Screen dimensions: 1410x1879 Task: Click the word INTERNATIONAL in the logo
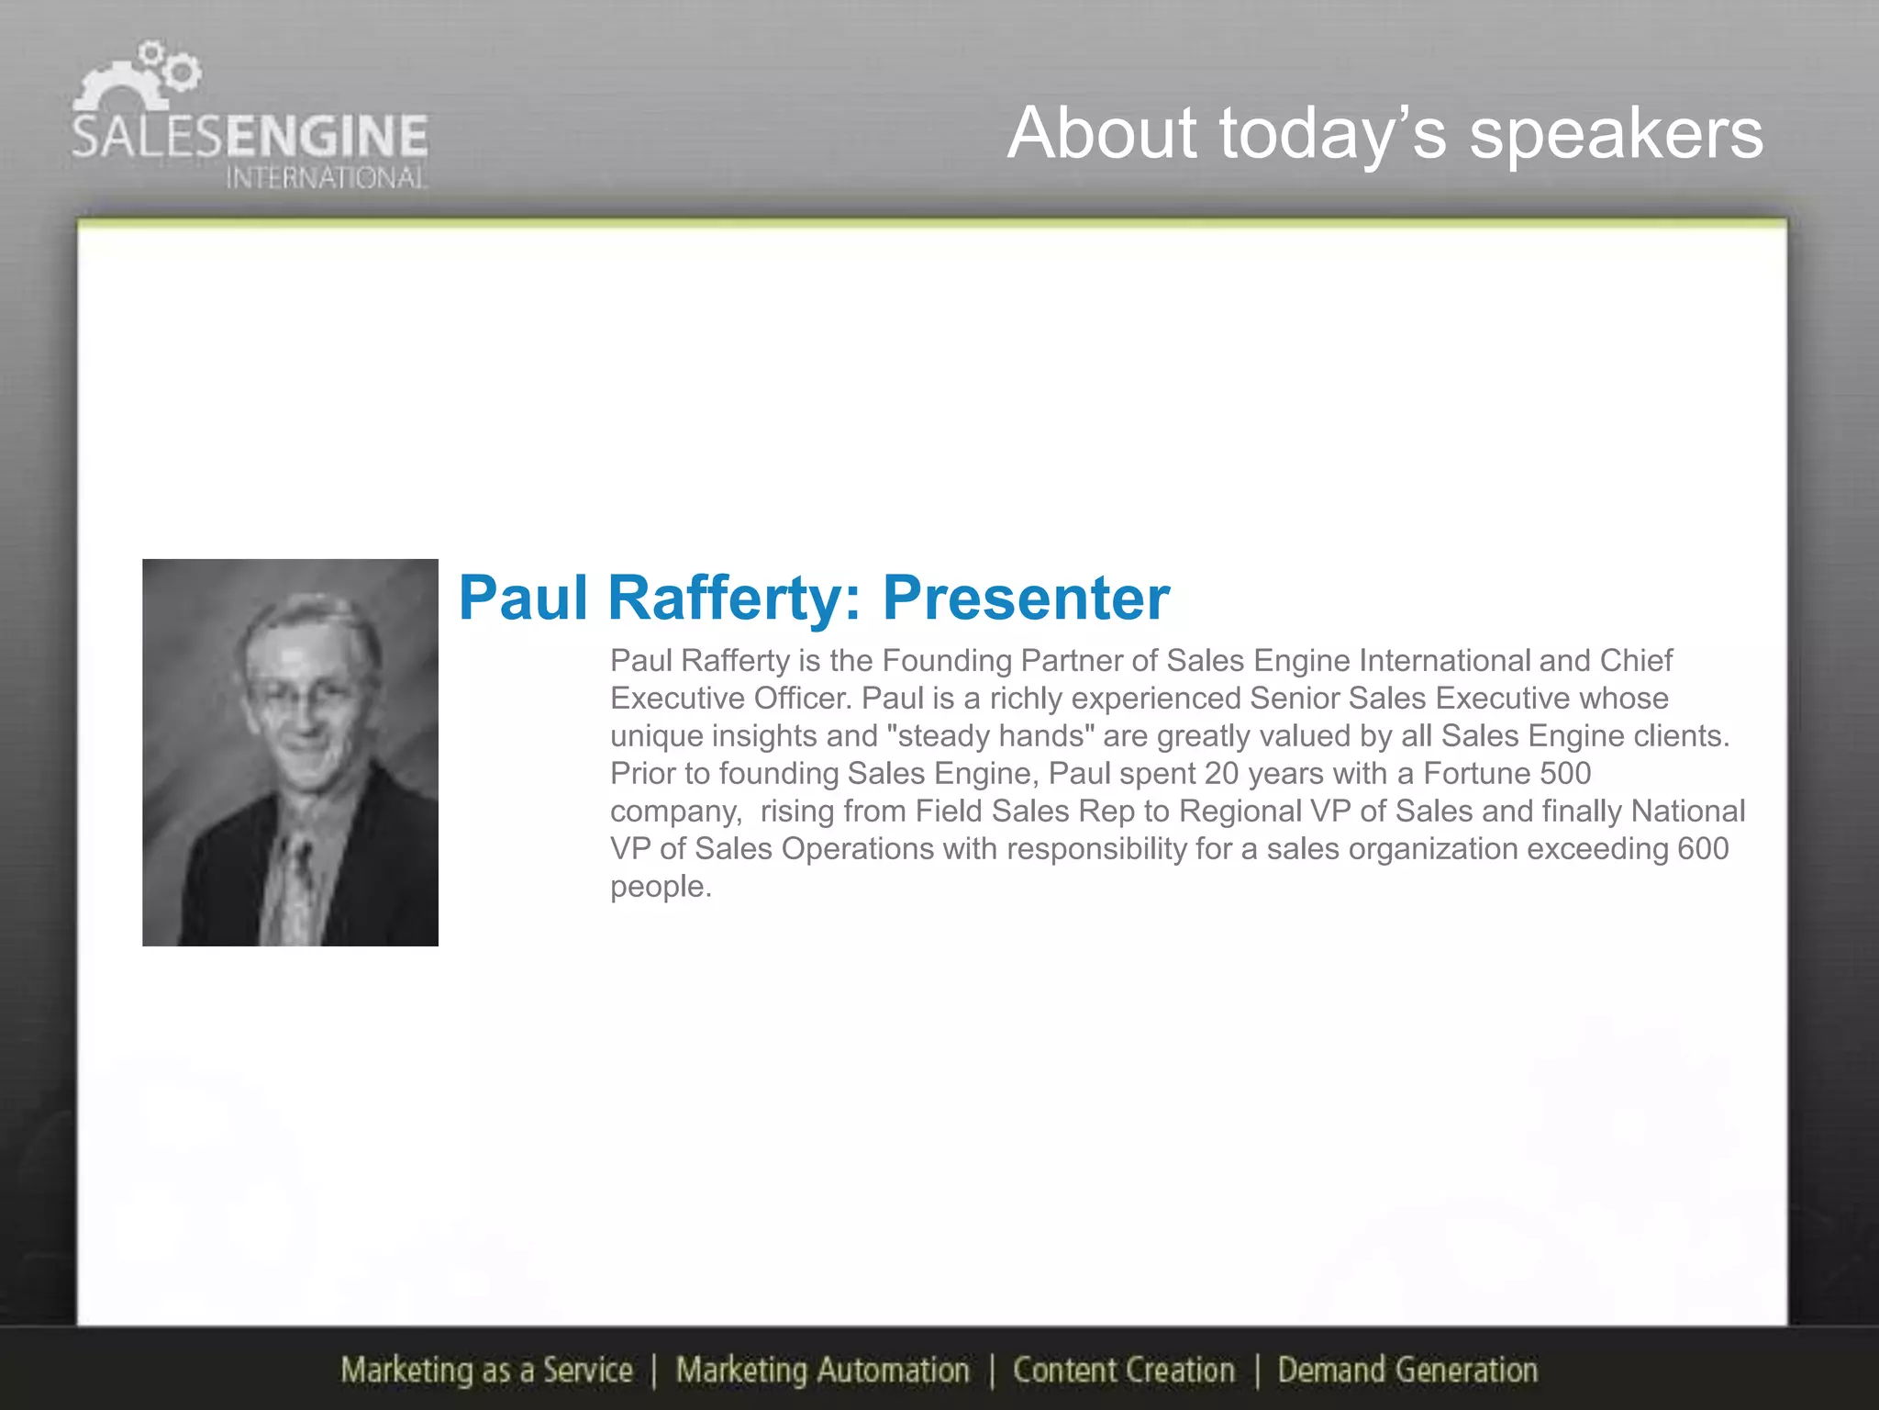pyautogui.click(x=326, y=177)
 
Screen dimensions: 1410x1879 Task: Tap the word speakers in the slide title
pyautogui.click(x=1616, y=134)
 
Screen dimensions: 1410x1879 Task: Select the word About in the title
pyautogui.click(x=1102, y=134)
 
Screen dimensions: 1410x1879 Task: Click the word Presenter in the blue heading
pyautogui.click(x=1026, y=599)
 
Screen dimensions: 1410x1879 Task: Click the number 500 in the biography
pyautogui.click(x=1565, y=773)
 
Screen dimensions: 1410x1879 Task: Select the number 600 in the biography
pyautogui.click(x=1703, y=848)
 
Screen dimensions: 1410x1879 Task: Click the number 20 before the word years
pyautogui.click(x=1221, y=773)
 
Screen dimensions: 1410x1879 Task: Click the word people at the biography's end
pyautogui.click(x=661, y=887)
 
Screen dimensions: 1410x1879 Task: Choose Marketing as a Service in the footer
pyautogui.click(x=486, y=1370)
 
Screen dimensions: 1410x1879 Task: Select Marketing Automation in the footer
pyautogui.click(x=822, y=1370)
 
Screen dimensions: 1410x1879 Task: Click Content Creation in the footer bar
pyautogui.click(x=1123, y=1370)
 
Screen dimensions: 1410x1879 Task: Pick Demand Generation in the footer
pyautogui.click(x=1407, y=1370)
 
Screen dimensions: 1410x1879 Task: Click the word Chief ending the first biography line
pyautogui.click(x=1636, y=660)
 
